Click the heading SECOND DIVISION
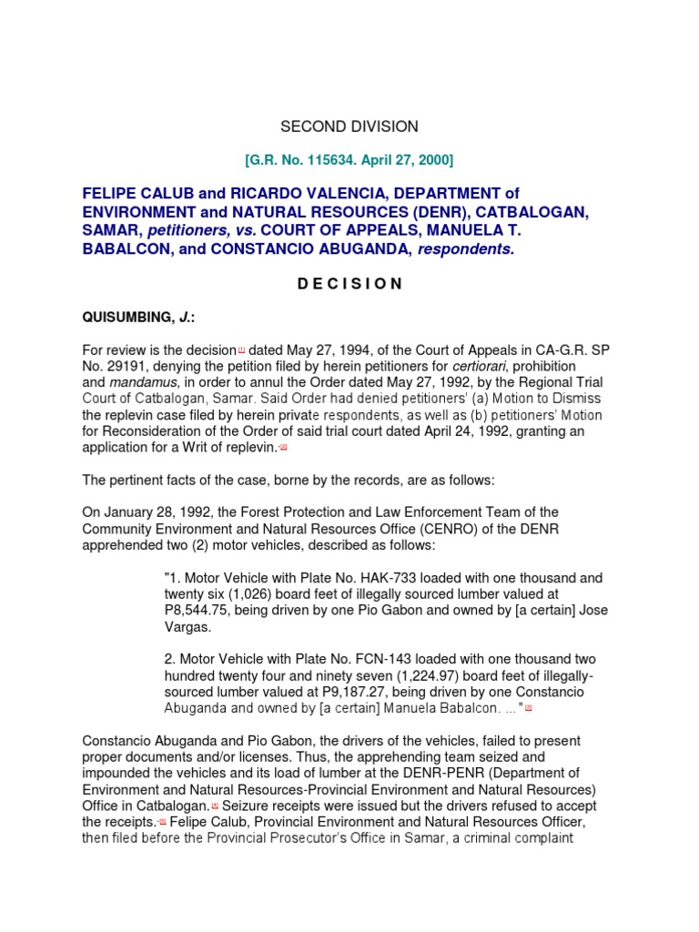(349, 127)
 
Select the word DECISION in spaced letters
(349, 283)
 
